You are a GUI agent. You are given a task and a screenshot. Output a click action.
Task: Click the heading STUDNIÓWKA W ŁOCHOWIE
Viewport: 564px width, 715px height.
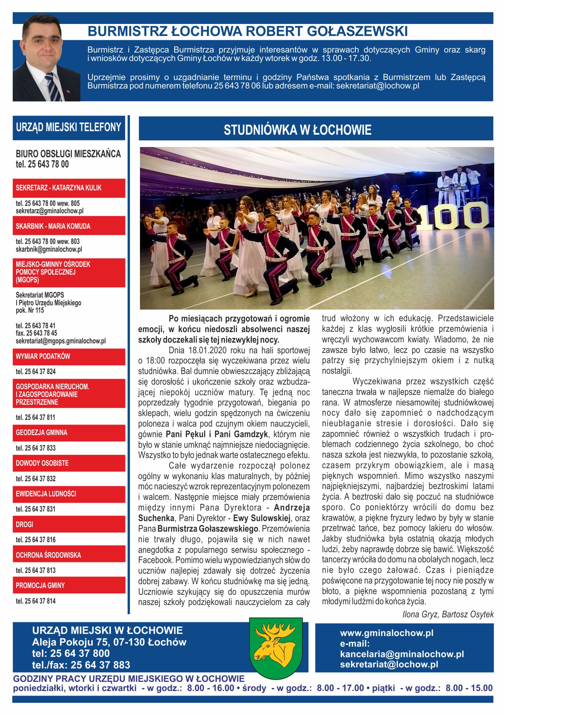coord(298,130)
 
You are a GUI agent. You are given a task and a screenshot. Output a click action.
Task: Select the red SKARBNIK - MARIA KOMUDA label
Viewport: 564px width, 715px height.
coord(53,226)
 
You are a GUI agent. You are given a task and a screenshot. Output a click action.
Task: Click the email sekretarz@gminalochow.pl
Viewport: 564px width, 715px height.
coord(49,211)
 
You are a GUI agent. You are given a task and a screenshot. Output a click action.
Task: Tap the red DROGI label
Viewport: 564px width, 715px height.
coord(25,524)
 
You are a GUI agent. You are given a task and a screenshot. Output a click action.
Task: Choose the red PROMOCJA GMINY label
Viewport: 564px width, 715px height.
coord(40,585)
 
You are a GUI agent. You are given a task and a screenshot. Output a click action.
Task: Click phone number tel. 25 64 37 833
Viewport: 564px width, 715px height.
coord(36,448)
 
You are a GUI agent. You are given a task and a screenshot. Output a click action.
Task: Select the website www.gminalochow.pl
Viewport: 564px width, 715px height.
coord(387,633)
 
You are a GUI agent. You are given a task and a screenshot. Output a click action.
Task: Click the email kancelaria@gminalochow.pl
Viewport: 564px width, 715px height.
coord(402,654)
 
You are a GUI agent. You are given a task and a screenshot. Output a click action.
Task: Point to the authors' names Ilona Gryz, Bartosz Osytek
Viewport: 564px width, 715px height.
coord(448,614)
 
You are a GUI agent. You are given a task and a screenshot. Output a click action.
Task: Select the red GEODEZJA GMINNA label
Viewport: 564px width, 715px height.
coord(42,433)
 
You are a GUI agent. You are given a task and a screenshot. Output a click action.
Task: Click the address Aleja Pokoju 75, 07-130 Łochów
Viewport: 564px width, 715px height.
coord(109,642)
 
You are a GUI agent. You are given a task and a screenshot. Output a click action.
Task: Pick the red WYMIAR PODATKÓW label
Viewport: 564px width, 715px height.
coord(43,356)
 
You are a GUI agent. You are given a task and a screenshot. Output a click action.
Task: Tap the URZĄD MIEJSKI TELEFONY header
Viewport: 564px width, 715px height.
coord(68,127)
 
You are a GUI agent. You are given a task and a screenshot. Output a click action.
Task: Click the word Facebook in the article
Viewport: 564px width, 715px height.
coord(155,560)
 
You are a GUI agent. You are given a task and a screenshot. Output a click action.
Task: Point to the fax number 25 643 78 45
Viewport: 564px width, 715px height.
coord(36,333)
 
